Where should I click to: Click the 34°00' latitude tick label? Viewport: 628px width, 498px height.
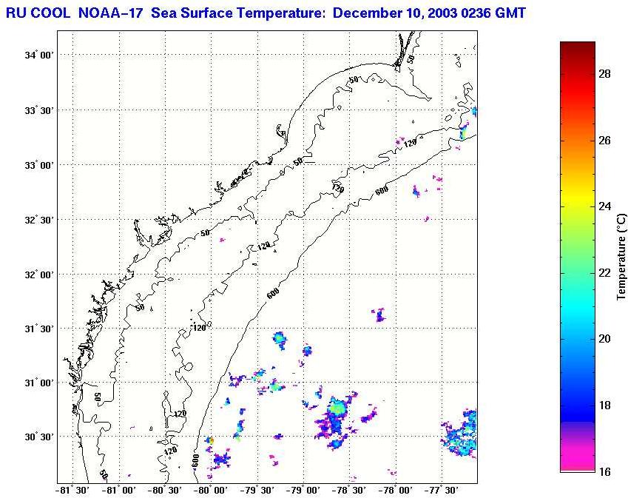(x=39, y=55)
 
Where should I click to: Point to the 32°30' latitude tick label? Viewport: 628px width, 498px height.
(x=39, y=220)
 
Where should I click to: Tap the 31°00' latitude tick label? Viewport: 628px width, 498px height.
(x=39, y=383)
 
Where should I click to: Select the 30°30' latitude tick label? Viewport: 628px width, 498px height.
(x=39, y=437)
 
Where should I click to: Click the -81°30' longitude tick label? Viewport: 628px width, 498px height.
(x=72, y=489)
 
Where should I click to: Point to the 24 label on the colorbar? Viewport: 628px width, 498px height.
(x=603, y=206)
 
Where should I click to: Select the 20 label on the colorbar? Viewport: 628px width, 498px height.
(x=603, y=339)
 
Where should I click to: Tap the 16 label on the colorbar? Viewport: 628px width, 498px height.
(x=603, y=471)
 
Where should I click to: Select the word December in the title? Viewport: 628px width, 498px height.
(x=365, y=13)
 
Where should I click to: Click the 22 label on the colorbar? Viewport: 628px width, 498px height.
(x=603, y=272)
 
